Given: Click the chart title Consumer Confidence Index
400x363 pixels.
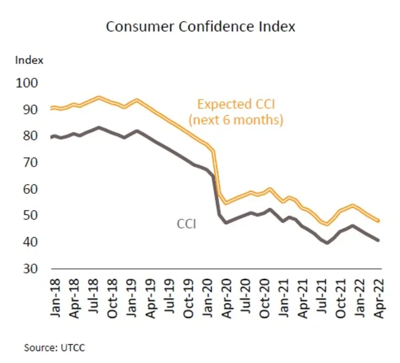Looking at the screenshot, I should pyautogui.click(x=201, y=27).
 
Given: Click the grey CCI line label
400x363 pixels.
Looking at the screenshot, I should pyautogui.click(x=187, y=224).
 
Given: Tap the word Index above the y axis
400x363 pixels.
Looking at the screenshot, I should pyautogui.click(x=29, y=60).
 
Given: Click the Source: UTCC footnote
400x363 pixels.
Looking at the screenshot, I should pyautogui.click(x=55, y=347).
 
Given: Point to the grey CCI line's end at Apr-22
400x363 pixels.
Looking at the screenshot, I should pyautogui.click(x=378, y=240).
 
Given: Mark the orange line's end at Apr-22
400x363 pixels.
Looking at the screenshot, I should pyautogui.click(x=378, y=221).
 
